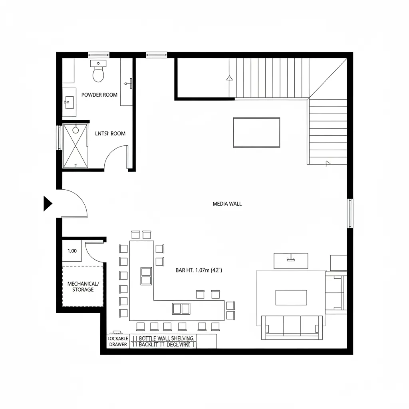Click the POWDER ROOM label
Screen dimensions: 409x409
point(99,95)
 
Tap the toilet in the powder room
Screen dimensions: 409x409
point(98,73)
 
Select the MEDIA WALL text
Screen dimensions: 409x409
point(227,204)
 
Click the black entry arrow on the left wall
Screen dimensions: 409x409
point(48,204)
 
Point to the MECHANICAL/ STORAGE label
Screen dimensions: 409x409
point(83,286)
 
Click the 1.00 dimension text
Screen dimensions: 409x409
point(72,251)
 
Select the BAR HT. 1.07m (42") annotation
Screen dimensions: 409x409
point(199,270)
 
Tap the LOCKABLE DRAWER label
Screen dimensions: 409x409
point(118,341)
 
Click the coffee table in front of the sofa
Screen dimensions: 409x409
point(291,298)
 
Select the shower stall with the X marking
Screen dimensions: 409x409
point(75,146)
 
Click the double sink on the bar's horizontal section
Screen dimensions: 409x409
point(181,308)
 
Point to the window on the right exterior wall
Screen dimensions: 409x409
point(350,213)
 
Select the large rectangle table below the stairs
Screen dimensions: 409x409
point(256,132)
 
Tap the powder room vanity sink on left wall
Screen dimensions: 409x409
point(68,102)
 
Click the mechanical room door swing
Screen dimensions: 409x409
point(94,252)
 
